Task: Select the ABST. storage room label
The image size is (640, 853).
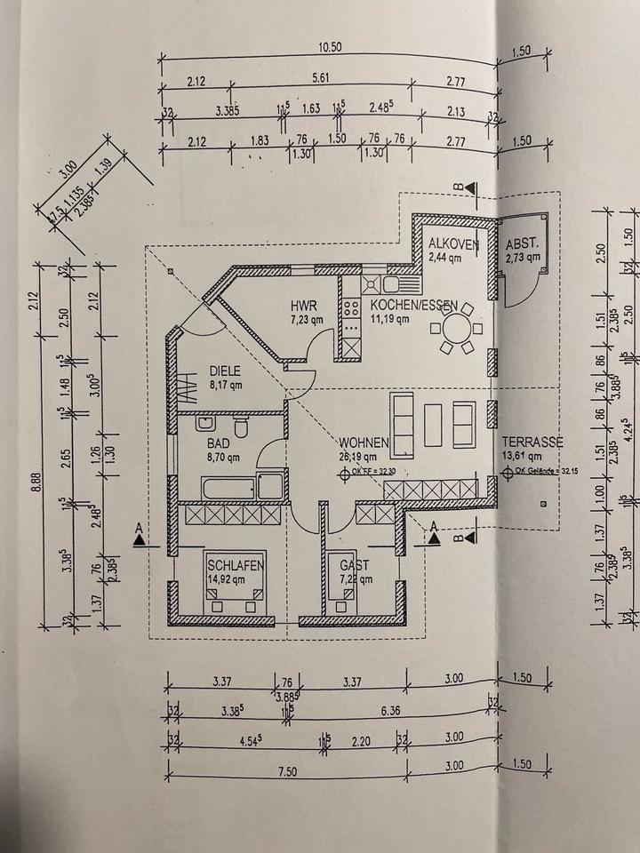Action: tap(523, 243)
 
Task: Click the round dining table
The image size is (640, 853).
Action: tap(456, 328)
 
